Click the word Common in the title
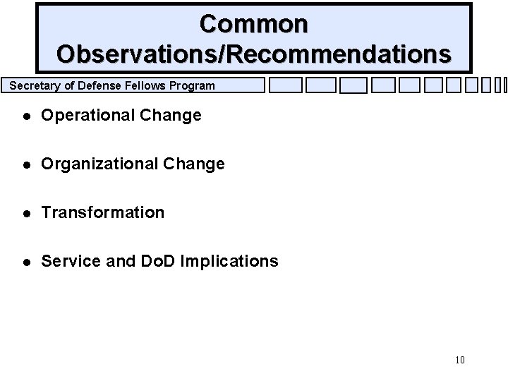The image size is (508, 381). [254, 23]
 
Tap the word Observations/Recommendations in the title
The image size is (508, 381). [254, 54]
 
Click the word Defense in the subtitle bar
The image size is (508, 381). [92, 86]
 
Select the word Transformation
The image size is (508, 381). [103, 212]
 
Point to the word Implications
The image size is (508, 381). [230, 261]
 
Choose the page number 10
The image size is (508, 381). [459, 361]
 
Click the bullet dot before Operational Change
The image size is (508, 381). [26, 115]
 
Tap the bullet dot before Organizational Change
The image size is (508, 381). [26, 164]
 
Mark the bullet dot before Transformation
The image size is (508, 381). [26, 213]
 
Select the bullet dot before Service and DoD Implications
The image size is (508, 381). [26, 262]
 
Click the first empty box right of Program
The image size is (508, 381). [286, 86]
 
